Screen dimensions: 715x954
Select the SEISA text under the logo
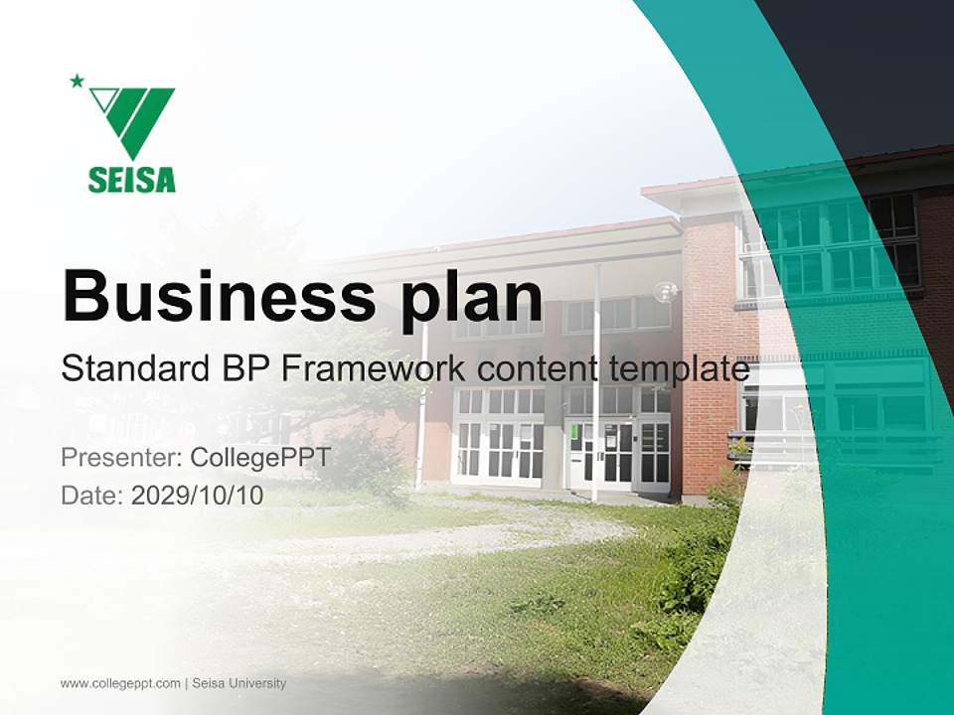(x=131, y=180)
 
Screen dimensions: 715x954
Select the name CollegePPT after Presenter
(x=259, y=458)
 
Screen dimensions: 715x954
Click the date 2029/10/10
(x=198, y=496)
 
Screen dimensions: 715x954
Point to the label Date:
(x=92, y=496)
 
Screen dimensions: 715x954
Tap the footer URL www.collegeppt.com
(x=120, y=683)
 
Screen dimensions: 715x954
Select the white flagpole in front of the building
(x=596, y=397)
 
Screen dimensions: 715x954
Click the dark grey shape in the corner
(x=874, y=70)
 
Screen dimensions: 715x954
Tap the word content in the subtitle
(x=533, y=369)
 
